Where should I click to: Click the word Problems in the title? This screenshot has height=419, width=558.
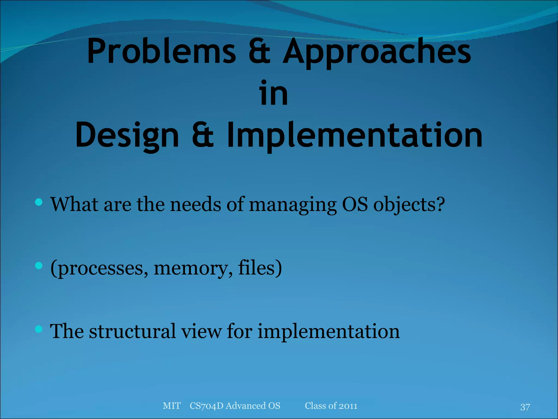pyautogui.click(x=161, y=51)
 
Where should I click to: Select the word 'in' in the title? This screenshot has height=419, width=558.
pyautogui.click(x=273, y=93)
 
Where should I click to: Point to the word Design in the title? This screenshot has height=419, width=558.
pyautogui.click(x=127, y=136)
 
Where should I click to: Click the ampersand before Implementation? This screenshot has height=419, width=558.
pyautogui.click(x=202, y=136)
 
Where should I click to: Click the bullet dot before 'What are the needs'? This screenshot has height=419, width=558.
pyautogui.click(x=39, y=202)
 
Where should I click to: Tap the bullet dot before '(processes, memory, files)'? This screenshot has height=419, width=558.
pyautogui.click(x=39, y=266)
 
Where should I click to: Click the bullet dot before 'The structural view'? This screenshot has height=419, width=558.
pyautogui.click(x=39, y=329)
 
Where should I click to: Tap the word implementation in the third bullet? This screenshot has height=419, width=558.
pyautogui.click(x=329, y=332)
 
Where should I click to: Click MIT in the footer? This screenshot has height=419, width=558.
pyautogui.click(x=171, y=406)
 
